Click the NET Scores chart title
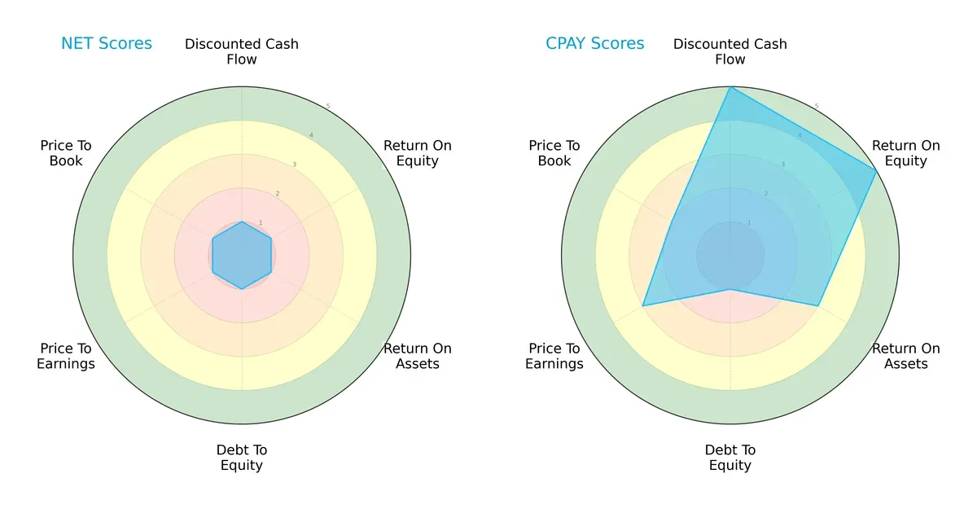point(107,44)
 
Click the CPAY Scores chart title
point(595,44)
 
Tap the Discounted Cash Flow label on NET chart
point(242,51)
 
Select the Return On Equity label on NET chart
point(418,153)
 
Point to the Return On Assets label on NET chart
point(418,356)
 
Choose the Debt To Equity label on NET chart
point(242,458)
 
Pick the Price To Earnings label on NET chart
point(66,356)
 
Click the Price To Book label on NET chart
point(66,153)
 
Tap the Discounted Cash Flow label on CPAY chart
point(730,51)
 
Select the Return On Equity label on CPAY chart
point(906,153)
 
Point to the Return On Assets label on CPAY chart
point(906,356)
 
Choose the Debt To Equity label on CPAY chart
point(730,458)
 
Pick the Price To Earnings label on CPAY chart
point(554,356)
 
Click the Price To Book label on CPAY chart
point(554,153)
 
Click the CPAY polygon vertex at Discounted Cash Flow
point(730,87)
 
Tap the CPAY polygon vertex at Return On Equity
point(876,171)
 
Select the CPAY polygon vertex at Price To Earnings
point(643,306)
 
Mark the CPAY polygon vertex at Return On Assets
point(818,306)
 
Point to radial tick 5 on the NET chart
point(327,107)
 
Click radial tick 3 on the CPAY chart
point(783,165)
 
